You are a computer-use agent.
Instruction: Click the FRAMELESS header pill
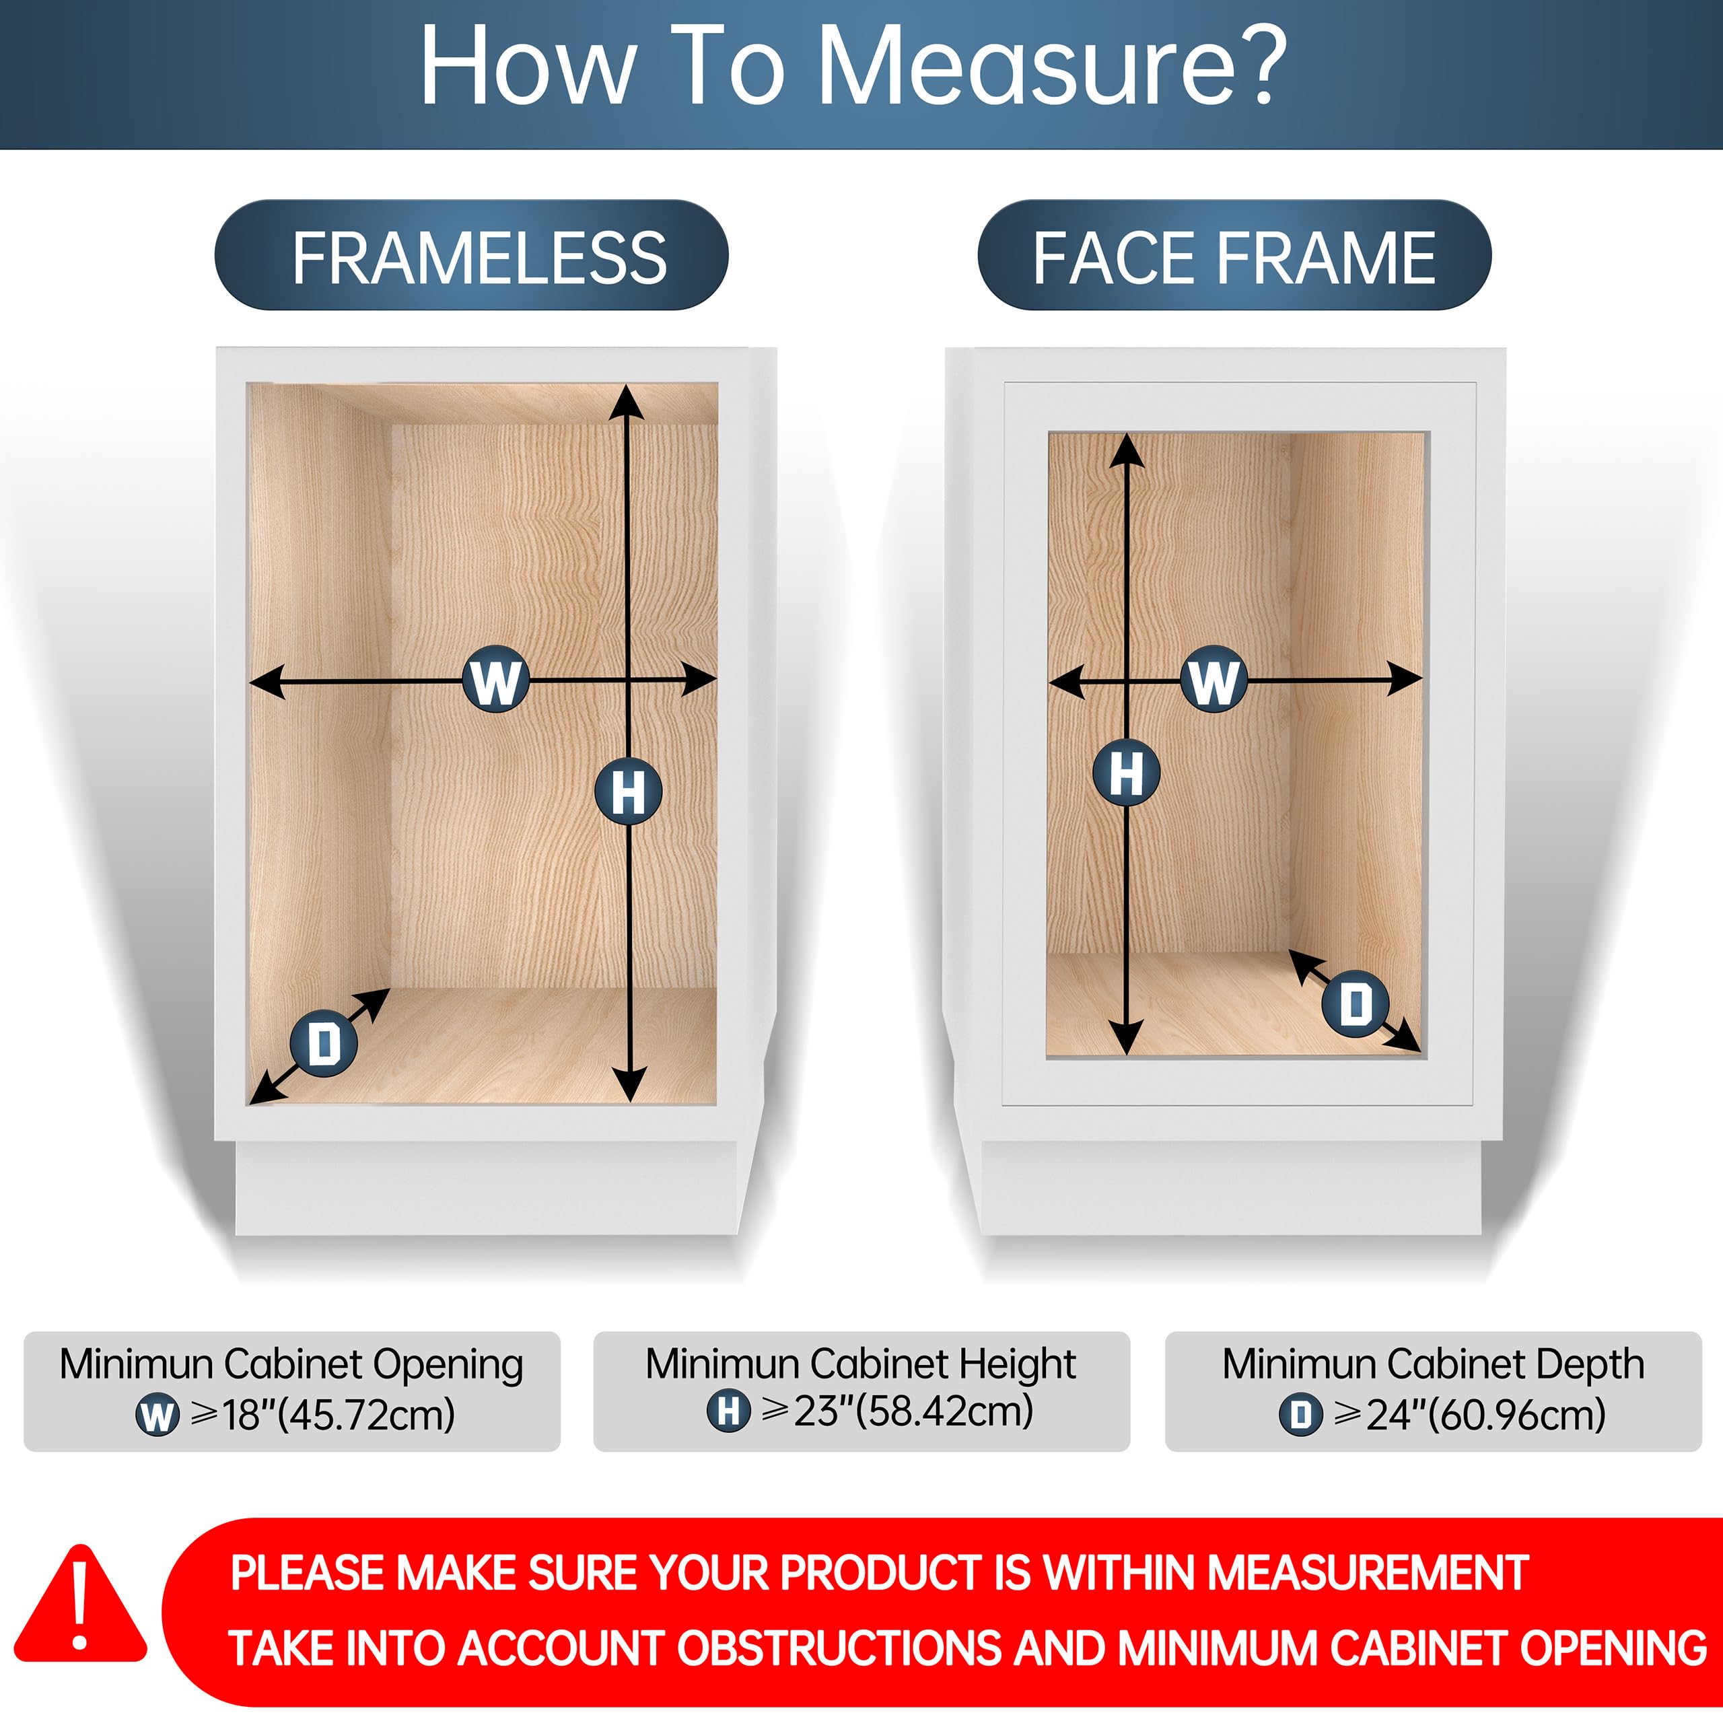[x=471, y=255]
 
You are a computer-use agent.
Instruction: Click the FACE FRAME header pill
[x=1234, y=255]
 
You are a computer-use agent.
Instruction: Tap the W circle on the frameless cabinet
[x=496, y=680]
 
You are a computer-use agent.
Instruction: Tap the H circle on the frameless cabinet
[x=629, y=791]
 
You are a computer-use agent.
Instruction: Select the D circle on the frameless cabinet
[x=324, y=1043]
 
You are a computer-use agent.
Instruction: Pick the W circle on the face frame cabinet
[x=1214, y=680]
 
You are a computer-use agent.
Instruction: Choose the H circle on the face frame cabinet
[x=1127, y=772]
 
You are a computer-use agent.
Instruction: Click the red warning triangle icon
[x=80, y=1606]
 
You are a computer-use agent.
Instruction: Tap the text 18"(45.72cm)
[x=339, y=1415]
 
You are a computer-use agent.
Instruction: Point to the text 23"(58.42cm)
[x=913, y=1411]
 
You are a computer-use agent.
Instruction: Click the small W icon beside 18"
[x=157, y=1415]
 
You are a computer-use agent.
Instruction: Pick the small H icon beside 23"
[x=729, y=1411]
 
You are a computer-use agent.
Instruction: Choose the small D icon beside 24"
[x=1301, y=1415]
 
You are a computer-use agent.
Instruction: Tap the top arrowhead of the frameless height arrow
[x=627, y=400]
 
